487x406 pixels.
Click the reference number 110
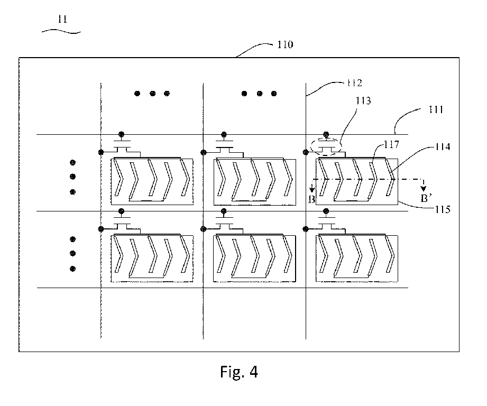point(285,45)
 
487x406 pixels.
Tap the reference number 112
point(354,83)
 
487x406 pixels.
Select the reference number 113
point(363,100)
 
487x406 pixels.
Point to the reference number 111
point(435,109)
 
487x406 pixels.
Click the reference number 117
point(391,144)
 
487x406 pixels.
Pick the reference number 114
point(443,146)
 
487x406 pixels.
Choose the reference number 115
point(443,210)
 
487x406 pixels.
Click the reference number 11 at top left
point(62,19)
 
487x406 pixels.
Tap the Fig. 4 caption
point(239,372)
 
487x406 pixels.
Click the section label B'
point(426,198)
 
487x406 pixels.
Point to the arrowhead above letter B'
point(424,188)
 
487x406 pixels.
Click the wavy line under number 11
point(61,31)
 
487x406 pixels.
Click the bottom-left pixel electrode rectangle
point(152,259)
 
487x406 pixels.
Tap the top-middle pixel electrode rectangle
point(255,182)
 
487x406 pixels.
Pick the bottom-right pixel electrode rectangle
point(357,259)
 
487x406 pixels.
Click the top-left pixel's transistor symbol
point(122,146)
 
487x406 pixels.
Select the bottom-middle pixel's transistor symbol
point(224,223)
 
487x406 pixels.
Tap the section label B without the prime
point(311,199)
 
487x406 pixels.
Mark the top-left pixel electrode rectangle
point(152,182)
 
